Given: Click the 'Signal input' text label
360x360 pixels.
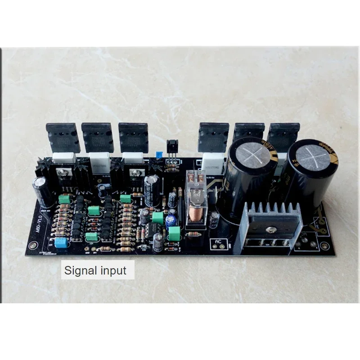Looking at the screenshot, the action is click(95, 271).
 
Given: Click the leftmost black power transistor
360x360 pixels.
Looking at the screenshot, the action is click(63, 137).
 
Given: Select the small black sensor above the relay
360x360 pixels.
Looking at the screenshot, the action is click(172, 147).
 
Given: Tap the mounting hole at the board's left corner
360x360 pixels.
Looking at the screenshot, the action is click(32, 246).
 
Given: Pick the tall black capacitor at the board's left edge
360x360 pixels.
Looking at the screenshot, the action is click(41, 192).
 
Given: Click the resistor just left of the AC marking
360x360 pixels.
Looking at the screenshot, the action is click(194, 234).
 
